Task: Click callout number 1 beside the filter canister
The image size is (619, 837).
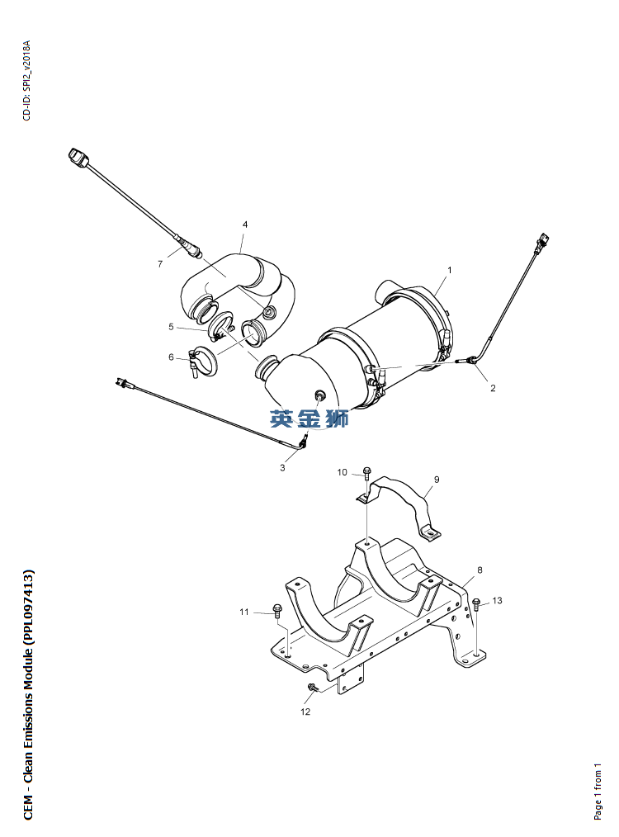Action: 449,270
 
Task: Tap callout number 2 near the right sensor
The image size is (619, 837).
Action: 493,388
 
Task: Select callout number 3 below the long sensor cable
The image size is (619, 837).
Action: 282,467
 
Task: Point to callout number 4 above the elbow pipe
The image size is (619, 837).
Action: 245,225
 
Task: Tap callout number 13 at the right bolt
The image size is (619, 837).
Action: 497,601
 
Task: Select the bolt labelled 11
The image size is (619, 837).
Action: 277,610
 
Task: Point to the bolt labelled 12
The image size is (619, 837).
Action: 312,688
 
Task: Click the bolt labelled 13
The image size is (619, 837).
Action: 476,604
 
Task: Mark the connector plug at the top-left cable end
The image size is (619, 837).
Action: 78,158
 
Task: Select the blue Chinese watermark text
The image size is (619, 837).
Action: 309,418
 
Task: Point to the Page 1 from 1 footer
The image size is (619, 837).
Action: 598,791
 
